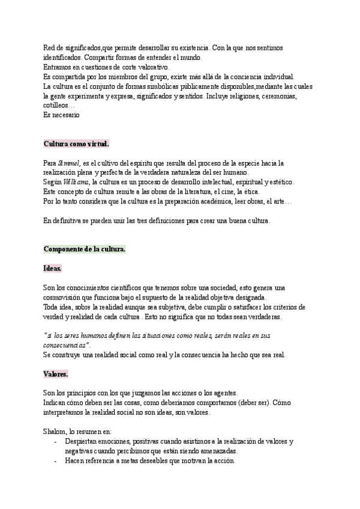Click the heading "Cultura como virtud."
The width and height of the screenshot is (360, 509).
[x=76, y=144]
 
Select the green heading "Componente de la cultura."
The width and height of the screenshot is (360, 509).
[x=85, y=249]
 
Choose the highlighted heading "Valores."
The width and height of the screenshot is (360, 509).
[x=56, y=374]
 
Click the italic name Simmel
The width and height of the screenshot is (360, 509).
[x=68, y=163]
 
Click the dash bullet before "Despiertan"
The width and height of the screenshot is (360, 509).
[x=55, y=441]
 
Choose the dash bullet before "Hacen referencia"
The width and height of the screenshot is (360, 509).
[x=55, y=460]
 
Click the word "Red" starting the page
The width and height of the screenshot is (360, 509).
[x=50, y=47]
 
